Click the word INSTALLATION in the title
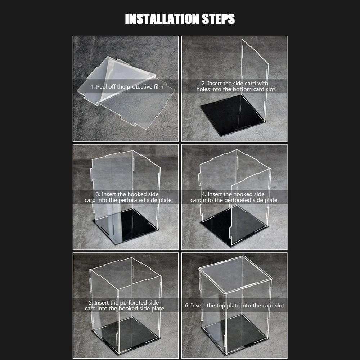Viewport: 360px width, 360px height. pos(162,19)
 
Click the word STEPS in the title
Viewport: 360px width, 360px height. pos(219,19)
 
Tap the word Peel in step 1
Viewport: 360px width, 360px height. pos(101,87)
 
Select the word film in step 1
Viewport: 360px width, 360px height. pos(158,86)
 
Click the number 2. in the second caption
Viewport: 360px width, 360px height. pos(204,84)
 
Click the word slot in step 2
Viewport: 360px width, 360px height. pos(270,89)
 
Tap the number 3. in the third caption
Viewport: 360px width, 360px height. pos(98,194)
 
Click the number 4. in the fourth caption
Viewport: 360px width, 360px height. pos(204,194)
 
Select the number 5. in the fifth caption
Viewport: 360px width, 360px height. pos(91,303)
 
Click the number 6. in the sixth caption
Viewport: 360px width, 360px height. pos(187,306)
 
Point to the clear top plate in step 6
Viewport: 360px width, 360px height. pos(235,275)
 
